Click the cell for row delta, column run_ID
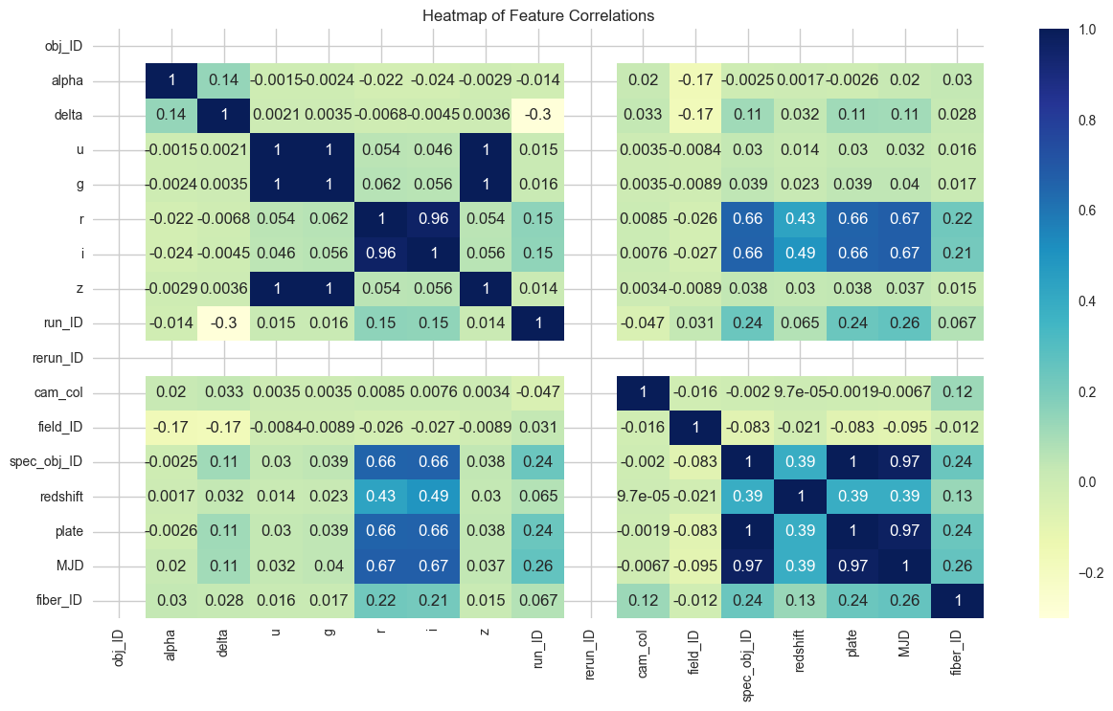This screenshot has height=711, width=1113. tap(538, 116)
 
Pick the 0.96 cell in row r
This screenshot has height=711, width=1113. tap(433, 219)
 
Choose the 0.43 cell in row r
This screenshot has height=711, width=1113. tap(801, 219)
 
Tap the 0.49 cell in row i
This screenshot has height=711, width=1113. tap(801, 254)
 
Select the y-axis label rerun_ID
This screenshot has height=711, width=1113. tap(60, 358)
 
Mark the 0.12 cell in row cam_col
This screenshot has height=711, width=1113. tap(958, 392)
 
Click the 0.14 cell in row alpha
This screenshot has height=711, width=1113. tap(223, 81)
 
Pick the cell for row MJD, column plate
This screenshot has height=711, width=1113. tap(852, 565)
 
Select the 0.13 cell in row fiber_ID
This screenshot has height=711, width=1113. tap(801, 599)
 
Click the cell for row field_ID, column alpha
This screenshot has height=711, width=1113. tap(170, 427)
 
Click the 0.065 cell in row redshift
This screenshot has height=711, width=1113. tap(538, 496)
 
